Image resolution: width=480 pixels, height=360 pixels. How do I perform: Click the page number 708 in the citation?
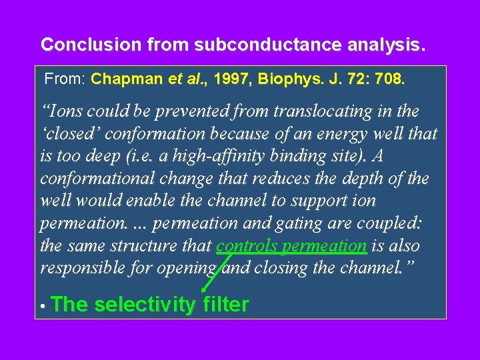pyautogui.click(x=389, y=79)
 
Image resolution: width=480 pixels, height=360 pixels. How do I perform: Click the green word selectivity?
pyautogui.click(x=145, y=305)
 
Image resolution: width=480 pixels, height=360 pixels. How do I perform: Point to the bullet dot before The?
pyautogui.click(x=41, y=307)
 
